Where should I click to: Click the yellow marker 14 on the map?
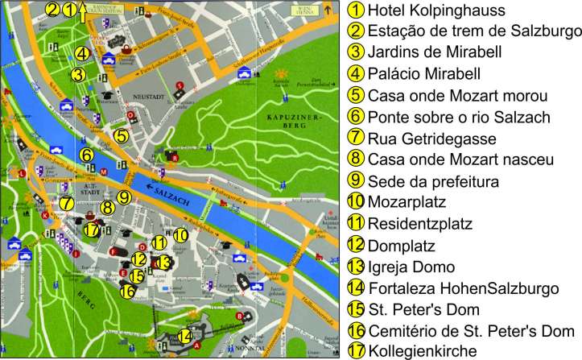(x=184, y=336)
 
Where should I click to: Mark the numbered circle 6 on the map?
(x=85, y=153)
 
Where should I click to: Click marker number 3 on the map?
(x=76, y=75)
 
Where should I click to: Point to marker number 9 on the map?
(x=123, y=197)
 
